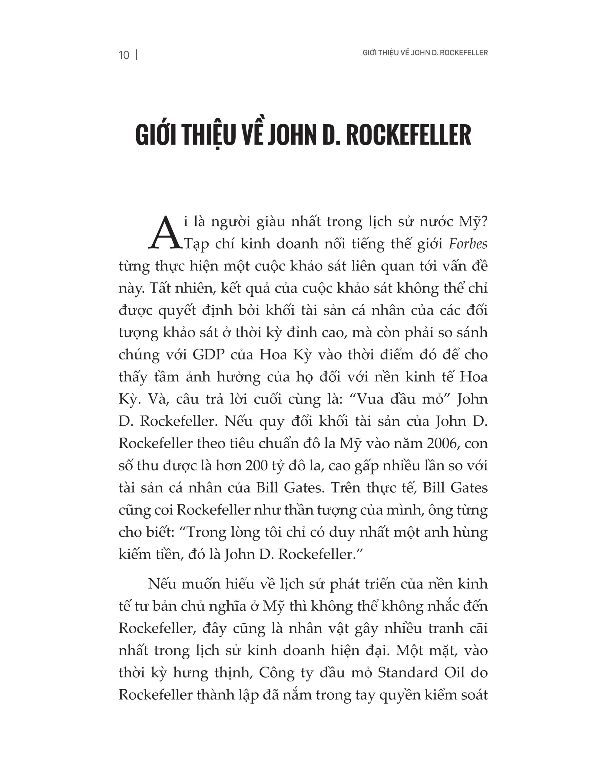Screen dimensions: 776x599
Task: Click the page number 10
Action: (x=124, y=55)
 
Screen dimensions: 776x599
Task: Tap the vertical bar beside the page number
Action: (x=137, y=55)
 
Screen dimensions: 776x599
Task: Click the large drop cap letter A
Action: (x=164, y=233)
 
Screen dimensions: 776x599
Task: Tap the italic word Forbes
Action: (x=468, y=244)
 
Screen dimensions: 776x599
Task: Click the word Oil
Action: (x=455, y=673)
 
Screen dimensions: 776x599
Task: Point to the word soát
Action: (x=473, y=695)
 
